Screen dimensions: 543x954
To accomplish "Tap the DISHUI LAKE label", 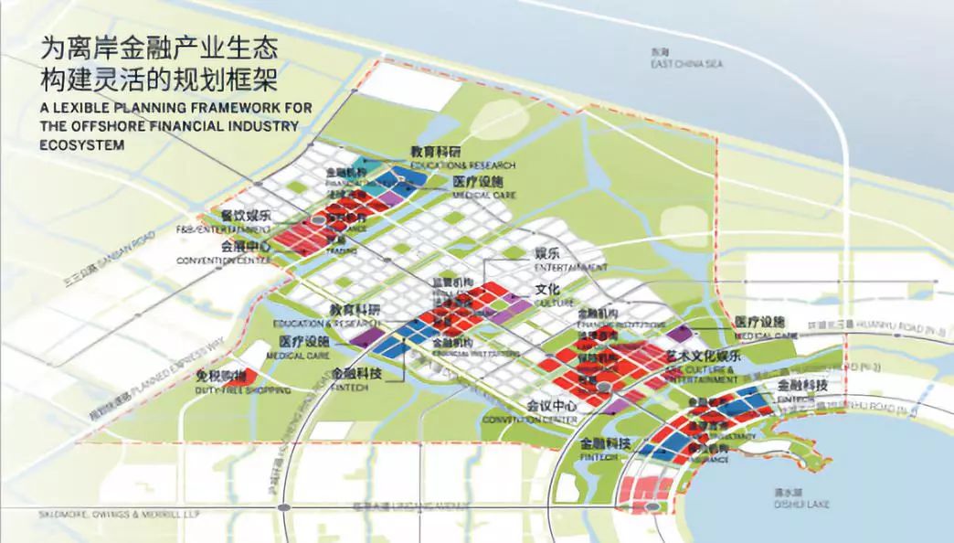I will pos(792,501).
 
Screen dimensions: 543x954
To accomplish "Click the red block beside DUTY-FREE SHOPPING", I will pos(245,375).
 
